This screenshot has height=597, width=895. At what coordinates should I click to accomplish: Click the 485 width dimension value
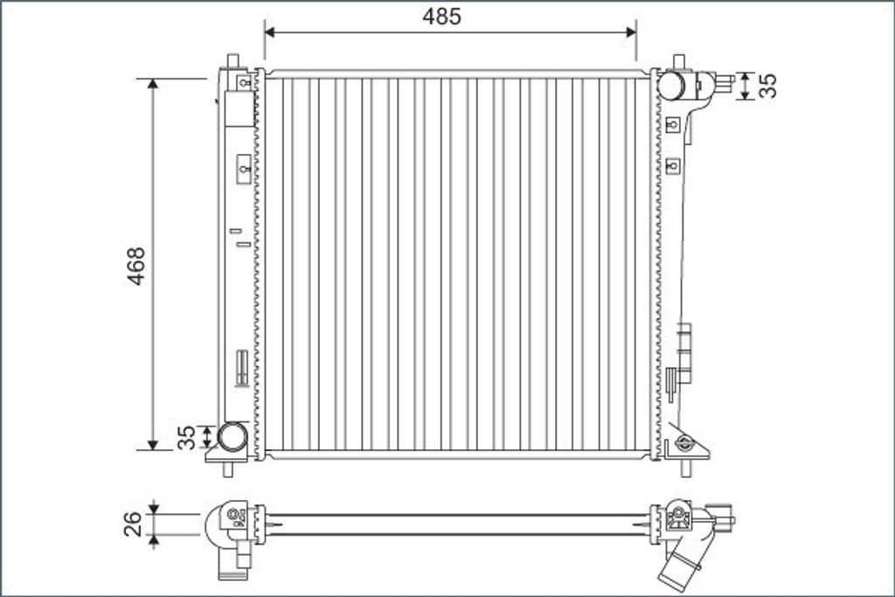(x=441, y=17)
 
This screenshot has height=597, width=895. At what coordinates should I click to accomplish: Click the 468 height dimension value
(x=136, y=266)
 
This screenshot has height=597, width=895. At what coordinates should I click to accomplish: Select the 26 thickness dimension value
(x=133, y=524)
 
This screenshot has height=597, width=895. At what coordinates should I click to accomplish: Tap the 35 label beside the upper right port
(x=769, y=86)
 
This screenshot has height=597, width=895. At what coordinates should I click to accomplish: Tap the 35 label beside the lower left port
(x=187, y=437)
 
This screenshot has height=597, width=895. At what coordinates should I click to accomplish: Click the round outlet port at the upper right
(x=671, y=85)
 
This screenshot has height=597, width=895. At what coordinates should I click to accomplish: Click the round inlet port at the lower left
(x=232, y=436)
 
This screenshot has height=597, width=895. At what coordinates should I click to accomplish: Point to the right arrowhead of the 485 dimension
(x=631, y=32)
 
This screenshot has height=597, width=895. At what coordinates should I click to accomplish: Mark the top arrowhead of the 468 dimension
(x=152, y=83)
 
